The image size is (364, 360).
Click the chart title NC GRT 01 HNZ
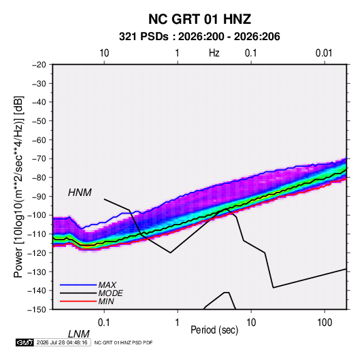point(199,19)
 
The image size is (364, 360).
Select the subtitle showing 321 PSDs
point(199,37)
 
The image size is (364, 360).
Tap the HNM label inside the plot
point(80,193)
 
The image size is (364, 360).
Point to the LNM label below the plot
point(79,334)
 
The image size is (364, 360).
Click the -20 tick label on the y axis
point(39,65)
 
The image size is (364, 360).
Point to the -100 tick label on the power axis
point(37,215)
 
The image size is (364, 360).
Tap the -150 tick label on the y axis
point(37,310)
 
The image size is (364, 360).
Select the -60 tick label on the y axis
point(39,140)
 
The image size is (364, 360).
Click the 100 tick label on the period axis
point(325,323)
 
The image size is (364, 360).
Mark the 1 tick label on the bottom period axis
point(178,323)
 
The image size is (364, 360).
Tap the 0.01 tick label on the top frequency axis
point(324,53)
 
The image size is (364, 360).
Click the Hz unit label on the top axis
point(214,53)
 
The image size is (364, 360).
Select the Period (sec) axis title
point(214,330)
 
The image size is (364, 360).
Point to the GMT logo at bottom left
point(24,342)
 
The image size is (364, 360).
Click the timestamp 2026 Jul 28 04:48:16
point(62,342)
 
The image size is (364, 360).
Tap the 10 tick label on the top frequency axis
point(104,53)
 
